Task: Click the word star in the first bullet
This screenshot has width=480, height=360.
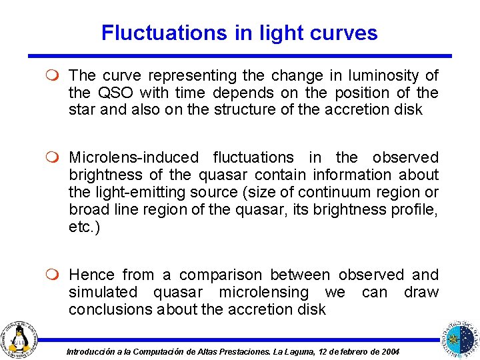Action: point(83,109)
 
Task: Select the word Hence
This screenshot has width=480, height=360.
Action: point(91,275)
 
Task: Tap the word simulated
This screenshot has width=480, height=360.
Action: point(103,292)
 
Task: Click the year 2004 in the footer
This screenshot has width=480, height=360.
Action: point(390,351)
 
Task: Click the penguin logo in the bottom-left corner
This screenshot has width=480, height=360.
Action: point(21,337)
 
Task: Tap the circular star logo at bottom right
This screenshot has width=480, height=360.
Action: point(459,338)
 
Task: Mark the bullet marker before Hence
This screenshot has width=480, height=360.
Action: point(55,275)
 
